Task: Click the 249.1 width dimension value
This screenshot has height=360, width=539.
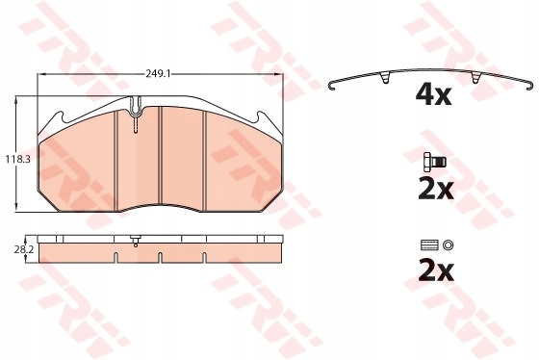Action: point(158,73)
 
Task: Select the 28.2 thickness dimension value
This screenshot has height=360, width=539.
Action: point(24,250)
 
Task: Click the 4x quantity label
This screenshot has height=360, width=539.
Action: point(433,95)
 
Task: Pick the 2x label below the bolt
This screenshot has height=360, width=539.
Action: point(436,190)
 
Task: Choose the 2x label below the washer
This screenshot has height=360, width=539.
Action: point(436,271)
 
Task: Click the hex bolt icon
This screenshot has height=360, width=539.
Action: point(435,162)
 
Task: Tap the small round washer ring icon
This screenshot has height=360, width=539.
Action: point(448,245)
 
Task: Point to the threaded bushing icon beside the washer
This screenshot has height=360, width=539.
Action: point(429,245)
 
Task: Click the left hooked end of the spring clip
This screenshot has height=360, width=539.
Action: point(332,86)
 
